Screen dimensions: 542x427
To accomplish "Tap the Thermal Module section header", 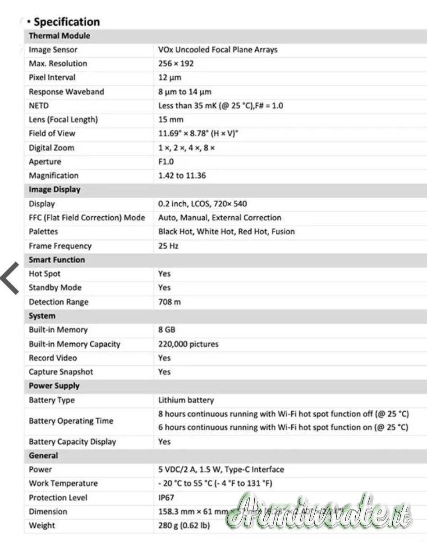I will [59, 36].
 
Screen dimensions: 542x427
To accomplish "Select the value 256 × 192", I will [176, 64].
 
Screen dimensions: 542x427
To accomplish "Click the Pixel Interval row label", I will [52, 78].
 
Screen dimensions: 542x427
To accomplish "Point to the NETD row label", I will [38, 106].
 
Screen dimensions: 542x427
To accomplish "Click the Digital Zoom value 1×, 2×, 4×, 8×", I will [187, 148].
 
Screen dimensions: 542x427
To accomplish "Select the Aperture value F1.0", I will [166, 162].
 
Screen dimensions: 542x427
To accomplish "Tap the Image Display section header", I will [55, 190].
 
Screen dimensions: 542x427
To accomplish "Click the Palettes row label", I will [43, 232].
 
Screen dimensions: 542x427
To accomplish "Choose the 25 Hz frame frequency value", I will [168, 246].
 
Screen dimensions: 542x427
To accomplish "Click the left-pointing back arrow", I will [10, 278].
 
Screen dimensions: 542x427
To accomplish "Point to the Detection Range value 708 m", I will [170, 302].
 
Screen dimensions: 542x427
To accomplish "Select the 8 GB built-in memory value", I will [167, 330].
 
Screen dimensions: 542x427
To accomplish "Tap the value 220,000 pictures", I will [188, 344].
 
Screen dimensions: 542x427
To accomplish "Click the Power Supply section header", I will [54, 386].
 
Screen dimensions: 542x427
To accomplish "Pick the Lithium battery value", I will [186, 400].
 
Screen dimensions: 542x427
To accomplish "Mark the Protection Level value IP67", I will [166, 498].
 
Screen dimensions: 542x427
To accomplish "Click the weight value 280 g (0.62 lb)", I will [184, 526].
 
